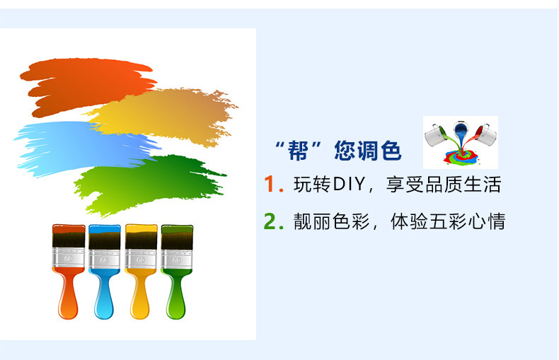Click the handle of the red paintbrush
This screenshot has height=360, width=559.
click(68, 294)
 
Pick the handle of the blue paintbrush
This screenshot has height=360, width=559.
click(104, 294)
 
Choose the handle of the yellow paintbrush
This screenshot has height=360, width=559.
click(140, 294)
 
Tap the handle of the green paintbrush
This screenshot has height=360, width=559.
click(176, 294)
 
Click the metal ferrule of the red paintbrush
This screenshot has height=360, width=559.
click(69, 257)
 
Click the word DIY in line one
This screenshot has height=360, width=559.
click(350, 185)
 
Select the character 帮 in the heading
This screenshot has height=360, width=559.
click(298, 151)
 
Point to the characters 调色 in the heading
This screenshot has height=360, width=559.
click(379, 151)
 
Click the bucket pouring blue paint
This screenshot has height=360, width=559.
click(461, 129)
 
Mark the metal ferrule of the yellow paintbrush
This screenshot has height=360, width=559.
click(141, 258)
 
